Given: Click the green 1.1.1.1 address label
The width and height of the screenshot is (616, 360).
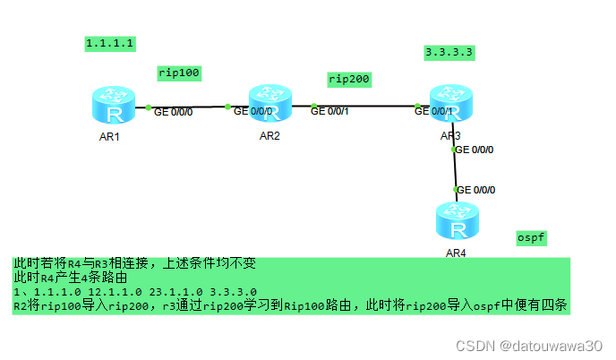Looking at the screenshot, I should tap(109, 42).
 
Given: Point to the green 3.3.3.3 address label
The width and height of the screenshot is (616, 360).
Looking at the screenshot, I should tap(449, 52).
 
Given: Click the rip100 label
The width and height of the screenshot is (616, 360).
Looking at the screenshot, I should tap(178, 72).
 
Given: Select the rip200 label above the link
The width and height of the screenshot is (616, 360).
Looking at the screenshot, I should tap(349, 79).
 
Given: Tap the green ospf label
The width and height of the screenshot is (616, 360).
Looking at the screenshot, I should tap(532, 237).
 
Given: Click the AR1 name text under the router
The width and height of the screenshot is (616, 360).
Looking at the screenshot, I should tap(109, 137).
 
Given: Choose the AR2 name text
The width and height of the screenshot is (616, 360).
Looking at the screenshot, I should tap(269, 136).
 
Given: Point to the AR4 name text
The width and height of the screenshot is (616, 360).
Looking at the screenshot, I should tap(456, 253).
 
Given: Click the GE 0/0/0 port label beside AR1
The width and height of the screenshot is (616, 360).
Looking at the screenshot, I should tap(174, 113).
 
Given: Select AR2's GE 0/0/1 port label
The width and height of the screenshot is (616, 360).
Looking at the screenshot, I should tap(331, 111).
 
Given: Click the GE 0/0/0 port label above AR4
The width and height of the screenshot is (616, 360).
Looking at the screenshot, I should tap(475, 190).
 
